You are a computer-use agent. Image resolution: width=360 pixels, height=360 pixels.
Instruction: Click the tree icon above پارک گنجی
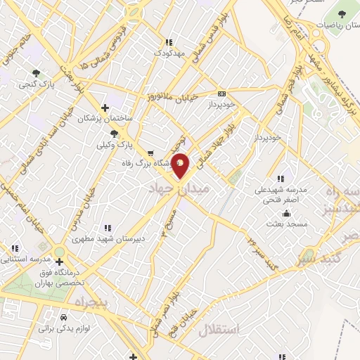point(36,72)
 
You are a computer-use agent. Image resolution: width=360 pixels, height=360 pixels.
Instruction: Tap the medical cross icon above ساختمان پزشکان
point(105,108)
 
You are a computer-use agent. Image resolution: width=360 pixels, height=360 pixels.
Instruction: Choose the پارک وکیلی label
point(112,143)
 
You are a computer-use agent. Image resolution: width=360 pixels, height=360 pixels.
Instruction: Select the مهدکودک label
point(169,53)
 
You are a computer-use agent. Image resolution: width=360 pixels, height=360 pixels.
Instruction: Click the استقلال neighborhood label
point(220,329)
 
